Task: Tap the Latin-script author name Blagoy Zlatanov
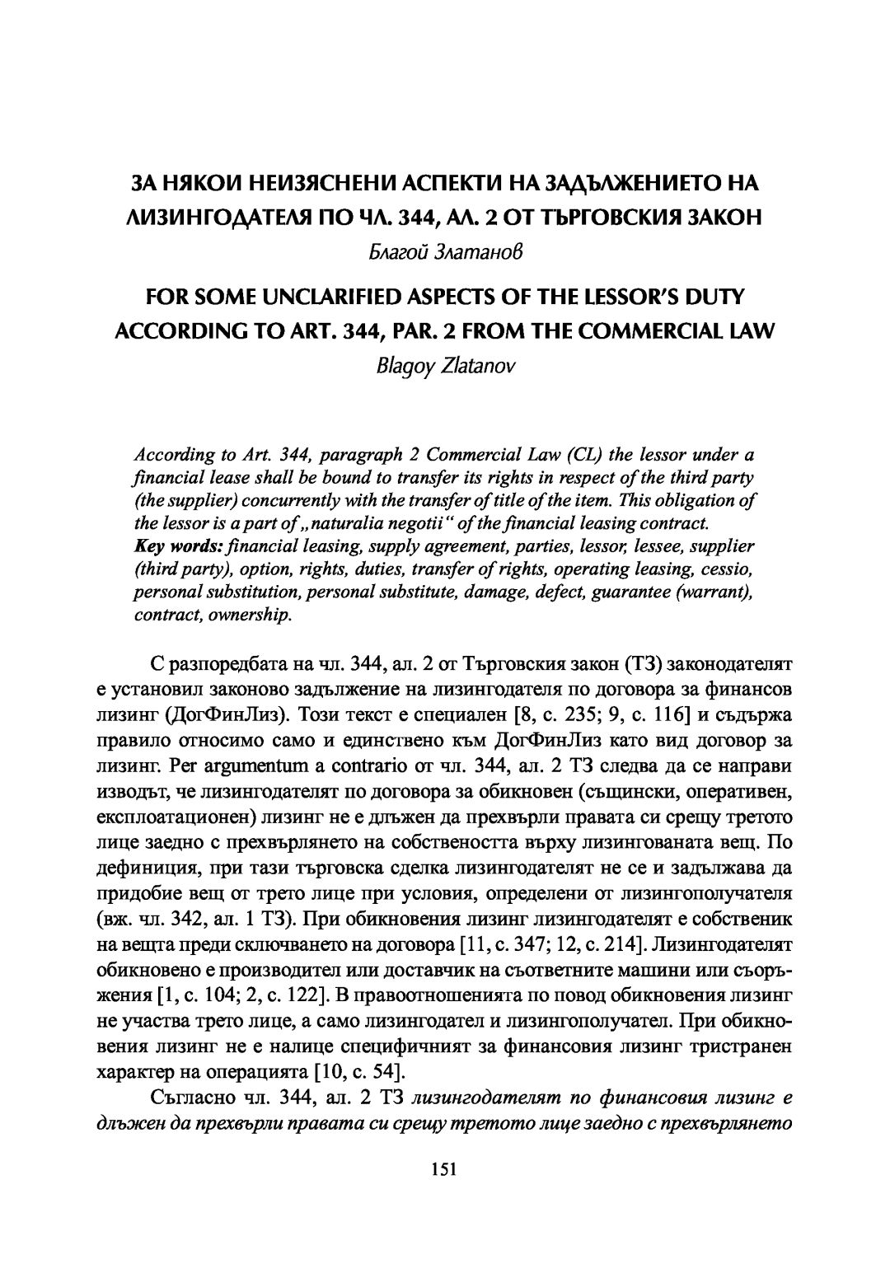coord(444,365)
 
